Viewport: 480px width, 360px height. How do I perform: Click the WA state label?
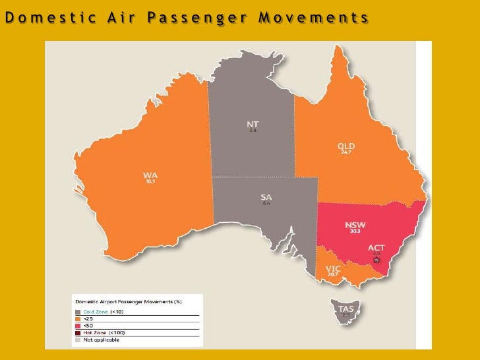click(x=150, y=175)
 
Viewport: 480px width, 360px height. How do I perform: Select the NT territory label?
click(x=253, y=125)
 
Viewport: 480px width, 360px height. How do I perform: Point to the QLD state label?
click(x=346, y=146)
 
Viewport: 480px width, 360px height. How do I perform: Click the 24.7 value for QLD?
click(x=345, y=152)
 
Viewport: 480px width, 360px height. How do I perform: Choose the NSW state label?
click(x=355, y=225)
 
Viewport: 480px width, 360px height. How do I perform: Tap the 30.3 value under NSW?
click(x=355, y=231)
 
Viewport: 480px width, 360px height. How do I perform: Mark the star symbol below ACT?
click(x=376, y=260)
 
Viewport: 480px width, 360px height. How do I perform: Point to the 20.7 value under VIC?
click(x=333, y=274)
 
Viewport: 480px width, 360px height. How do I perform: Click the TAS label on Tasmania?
click(x=345, y=309)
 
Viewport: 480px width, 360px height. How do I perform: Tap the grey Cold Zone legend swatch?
click(x=77, y=311)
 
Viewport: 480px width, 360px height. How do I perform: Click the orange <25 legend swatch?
click(x=77, y=318)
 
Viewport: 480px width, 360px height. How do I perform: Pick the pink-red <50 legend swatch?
click(x=77, y=325)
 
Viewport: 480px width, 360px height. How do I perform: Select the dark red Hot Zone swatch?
click(x=77, y=332)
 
